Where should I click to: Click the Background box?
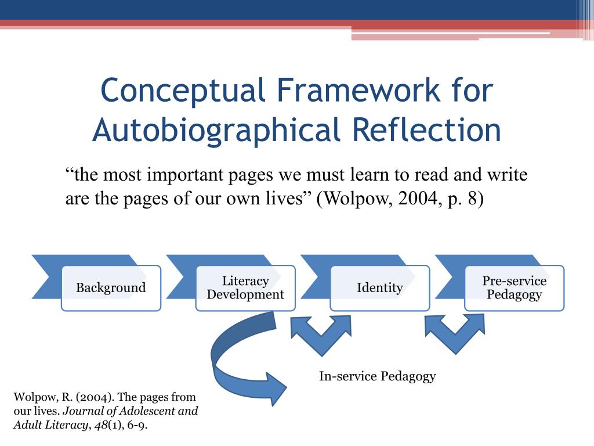[111, 288]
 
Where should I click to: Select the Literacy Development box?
[245, 288]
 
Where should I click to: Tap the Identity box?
[380, 288]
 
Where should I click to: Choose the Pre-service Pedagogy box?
[515, 288]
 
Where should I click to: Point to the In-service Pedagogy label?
[377, 376]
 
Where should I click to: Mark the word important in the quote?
[185, 175]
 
